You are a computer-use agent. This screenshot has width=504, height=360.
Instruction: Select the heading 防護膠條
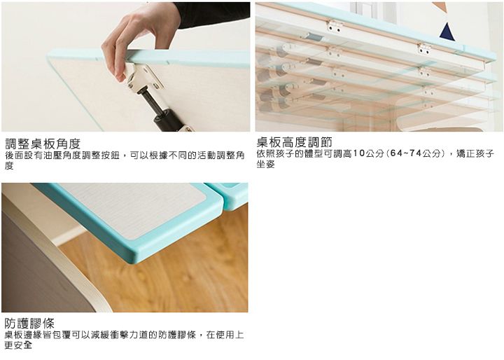(x=29, y=324)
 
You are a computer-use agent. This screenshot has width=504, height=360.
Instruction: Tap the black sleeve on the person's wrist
(x=210, y=12)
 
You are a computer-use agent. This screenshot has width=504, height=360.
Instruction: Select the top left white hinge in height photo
(x=335, y=26)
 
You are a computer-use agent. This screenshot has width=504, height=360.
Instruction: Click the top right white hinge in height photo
(x=424, y=48)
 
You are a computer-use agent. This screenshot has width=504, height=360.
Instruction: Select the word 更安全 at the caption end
(x=18, y=346)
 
